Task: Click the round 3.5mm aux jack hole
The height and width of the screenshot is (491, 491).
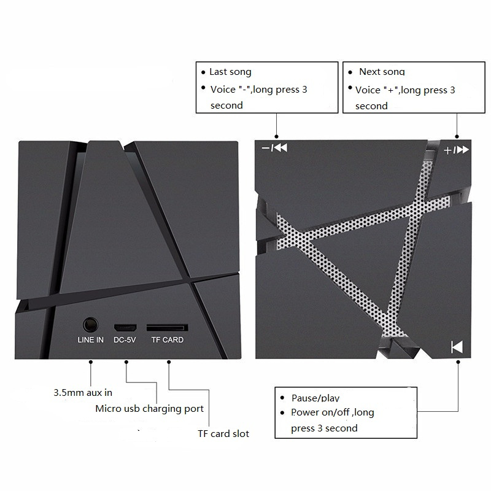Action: [91, 323]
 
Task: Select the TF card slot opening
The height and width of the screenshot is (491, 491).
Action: [167, 325]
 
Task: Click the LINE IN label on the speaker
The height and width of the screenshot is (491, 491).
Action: [91, 339]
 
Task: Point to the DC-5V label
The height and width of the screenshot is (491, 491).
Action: [125, 339]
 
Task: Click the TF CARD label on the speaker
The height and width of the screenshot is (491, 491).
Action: [167, 339]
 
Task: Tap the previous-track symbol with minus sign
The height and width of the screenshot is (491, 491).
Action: [274, 148]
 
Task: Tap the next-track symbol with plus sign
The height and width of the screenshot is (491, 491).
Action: [457, 150]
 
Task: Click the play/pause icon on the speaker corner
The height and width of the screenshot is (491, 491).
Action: [457, 347]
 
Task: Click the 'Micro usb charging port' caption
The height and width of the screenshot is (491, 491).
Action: [149, 408]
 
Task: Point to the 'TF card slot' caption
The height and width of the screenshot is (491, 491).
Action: [223, 433]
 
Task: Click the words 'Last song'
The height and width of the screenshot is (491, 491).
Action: [230, 72]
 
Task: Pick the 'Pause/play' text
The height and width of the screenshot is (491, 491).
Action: [315, 398]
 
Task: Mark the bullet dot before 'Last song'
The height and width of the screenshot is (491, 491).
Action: [204, 72]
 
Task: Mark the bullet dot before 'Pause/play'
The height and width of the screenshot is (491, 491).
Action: [281, 397]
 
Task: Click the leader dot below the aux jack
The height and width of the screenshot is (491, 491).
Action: [91, 363]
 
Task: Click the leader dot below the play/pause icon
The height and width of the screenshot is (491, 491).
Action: [457, 363]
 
